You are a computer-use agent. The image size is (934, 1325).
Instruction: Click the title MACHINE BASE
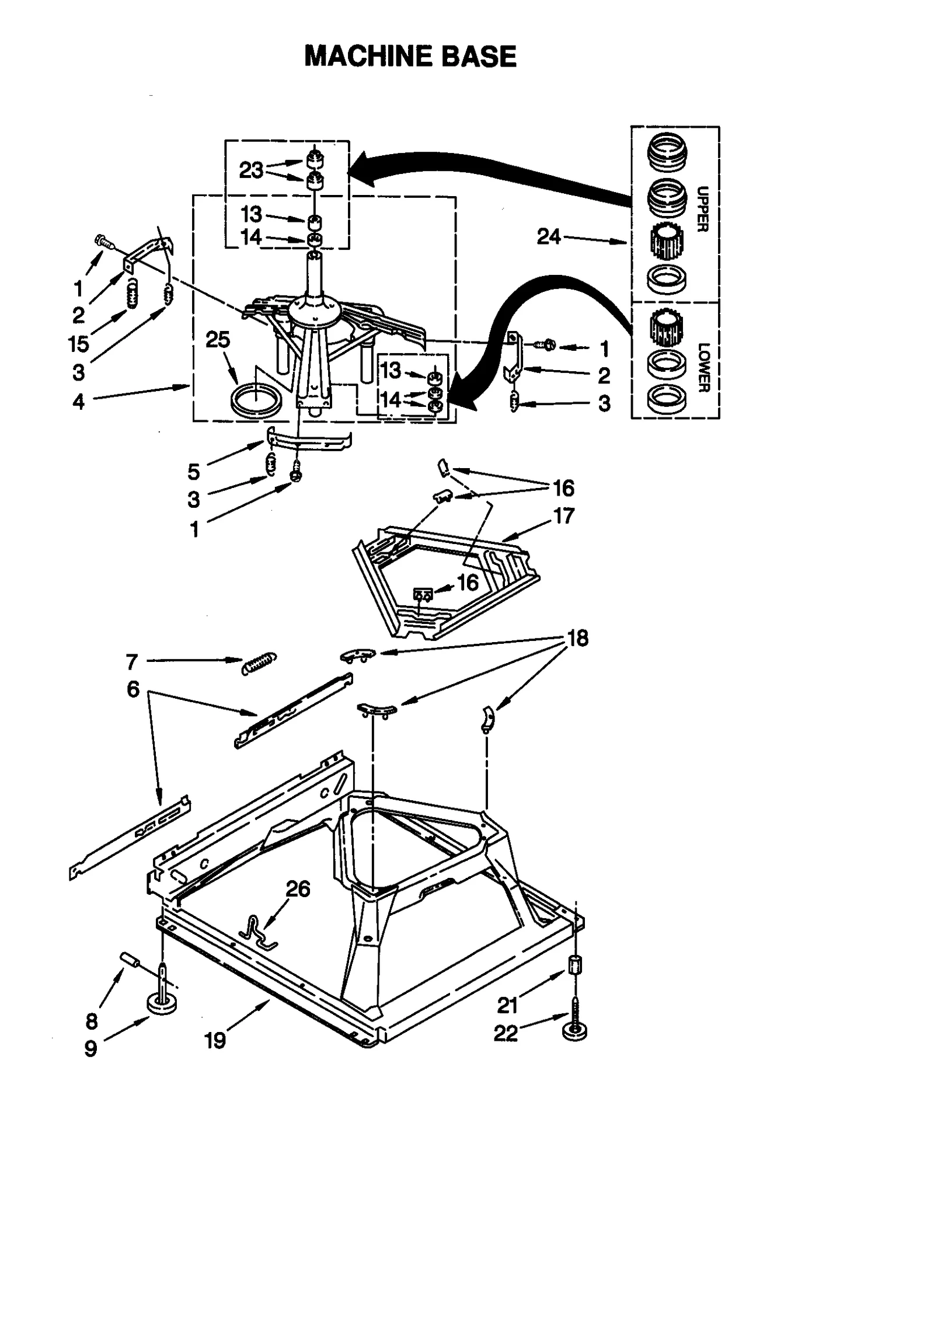tap(410, 57)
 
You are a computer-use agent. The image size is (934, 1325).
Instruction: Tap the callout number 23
tap(252, 170)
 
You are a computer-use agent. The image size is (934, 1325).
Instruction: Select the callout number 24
tap(549, 236)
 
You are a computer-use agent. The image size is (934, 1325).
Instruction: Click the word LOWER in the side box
tap(703, 367)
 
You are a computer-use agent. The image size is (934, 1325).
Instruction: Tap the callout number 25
tap(218, 339)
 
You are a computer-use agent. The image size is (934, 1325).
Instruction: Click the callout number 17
tap(563, 515)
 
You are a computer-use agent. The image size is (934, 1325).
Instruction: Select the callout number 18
tap(577, 638)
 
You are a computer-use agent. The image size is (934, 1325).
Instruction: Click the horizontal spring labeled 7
tap(259, 662)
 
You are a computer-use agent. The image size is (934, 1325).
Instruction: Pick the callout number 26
tap(298, 888)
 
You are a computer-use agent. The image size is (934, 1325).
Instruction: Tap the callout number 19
tap(215, 1040)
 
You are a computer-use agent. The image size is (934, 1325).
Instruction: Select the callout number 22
tap(506, 1033)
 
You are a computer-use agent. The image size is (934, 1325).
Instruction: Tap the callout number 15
tap(78, 344)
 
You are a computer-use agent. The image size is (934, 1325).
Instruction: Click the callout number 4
tap(78, 401)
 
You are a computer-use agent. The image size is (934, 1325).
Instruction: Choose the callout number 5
tap(194, 471)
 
